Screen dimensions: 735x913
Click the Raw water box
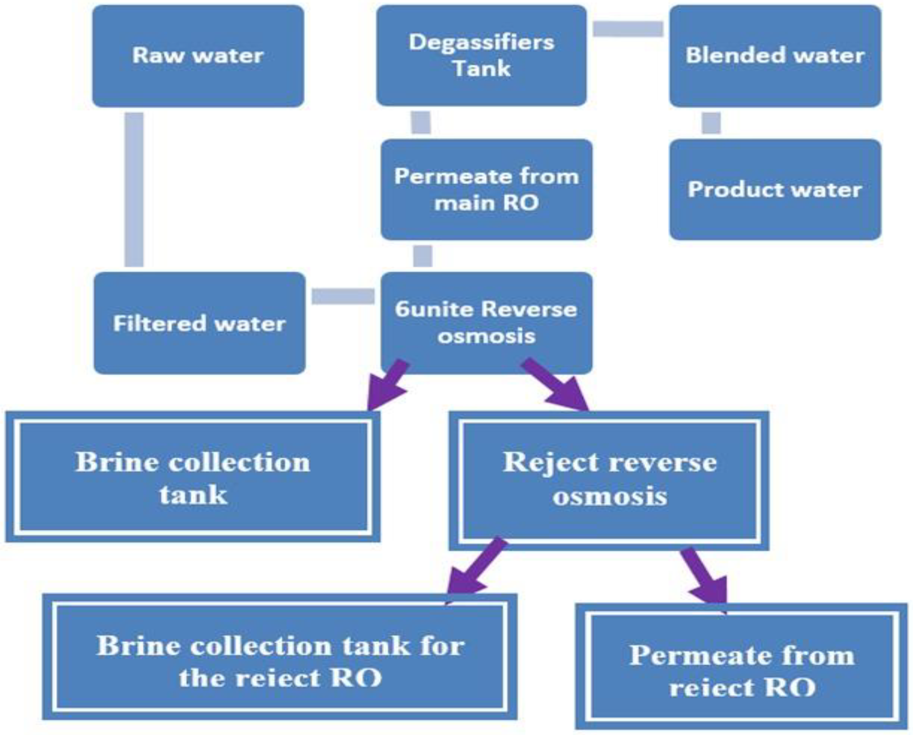click(198, 55)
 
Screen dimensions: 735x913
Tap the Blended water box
click(774, 55)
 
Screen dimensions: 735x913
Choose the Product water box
click(774, 189)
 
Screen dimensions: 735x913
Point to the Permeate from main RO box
click(486, 189)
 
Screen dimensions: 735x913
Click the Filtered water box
click(199, 323)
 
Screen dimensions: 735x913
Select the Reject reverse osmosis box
click(609, 480)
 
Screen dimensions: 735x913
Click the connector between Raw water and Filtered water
click(134, 189)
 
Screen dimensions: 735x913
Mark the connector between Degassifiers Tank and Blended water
click(628, 29)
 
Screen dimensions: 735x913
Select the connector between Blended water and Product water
click(711, 123)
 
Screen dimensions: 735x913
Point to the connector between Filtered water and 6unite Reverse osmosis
click(343, 296)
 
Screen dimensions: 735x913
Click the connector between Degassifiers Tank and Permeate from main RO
click(421, 122)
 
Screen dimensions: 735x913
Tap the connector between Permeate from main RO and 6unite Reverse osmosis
click(422, 256)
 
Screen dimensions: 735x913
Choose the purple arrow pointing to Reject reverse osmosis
click(557, 385)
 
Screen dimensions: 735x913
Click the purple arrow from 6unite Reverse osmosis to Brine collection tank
click(388, 385)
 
